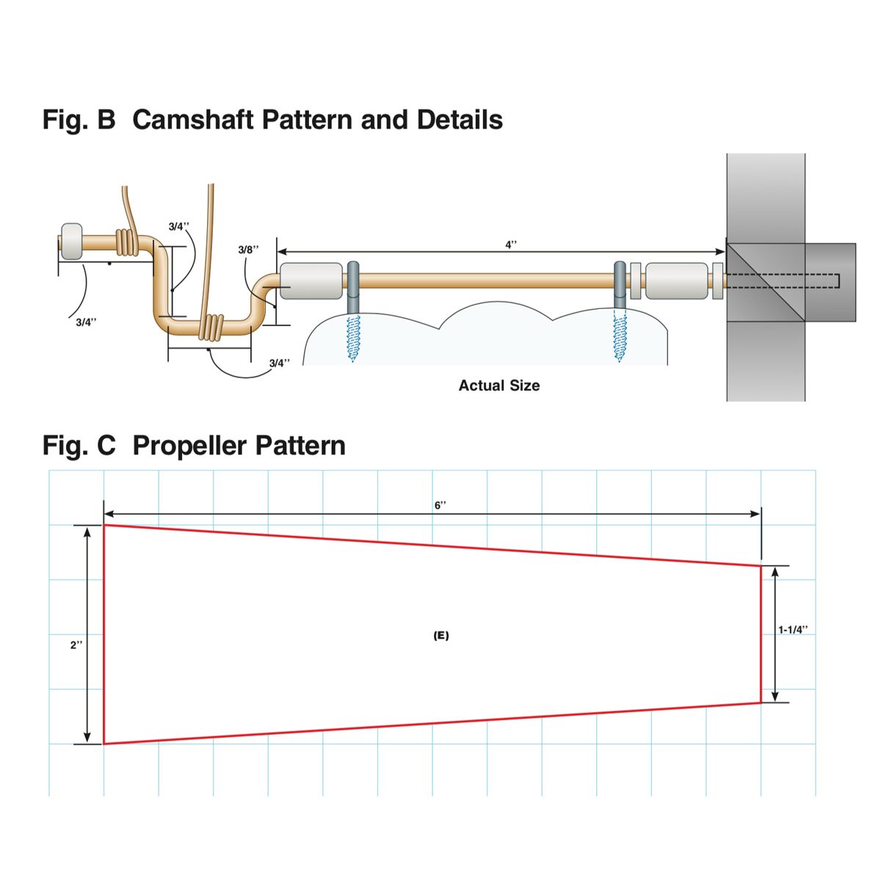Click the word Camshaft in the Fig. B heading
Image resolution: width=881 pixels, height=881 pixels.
(193, 120)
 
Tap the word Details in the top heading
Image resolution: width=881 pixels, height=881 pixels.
(460, 120)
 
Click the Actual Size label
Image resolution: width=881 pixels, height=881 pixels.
(499, 385)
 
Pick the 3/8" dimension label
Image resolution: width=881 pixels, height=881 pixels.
(249, 250)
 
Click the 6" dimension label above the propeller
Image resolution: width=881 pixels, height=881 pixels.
(440, 506)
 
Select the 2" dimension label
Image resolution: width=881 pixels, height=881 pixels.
(76, 645)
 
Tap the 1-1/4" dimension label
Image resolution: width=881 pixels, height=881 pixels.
(793, 630)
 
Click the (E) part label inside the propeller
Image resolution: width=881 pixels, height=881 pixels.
(440, 636)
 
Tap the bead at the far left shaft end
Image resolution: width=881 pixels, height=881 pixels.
(72, 241)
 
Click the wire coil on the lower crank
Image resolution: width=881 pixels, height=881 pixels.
(213, 326)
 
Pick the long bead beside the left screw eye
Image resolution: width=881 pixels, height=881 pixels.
(311, 281)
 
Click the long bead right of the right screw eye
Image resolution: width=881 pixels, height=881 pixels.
(677, 281)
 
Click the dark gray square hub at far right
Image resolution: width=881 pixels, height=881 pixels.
(830, 282)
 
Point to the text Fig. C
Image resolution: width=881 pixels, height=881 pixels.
(79, 446)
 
